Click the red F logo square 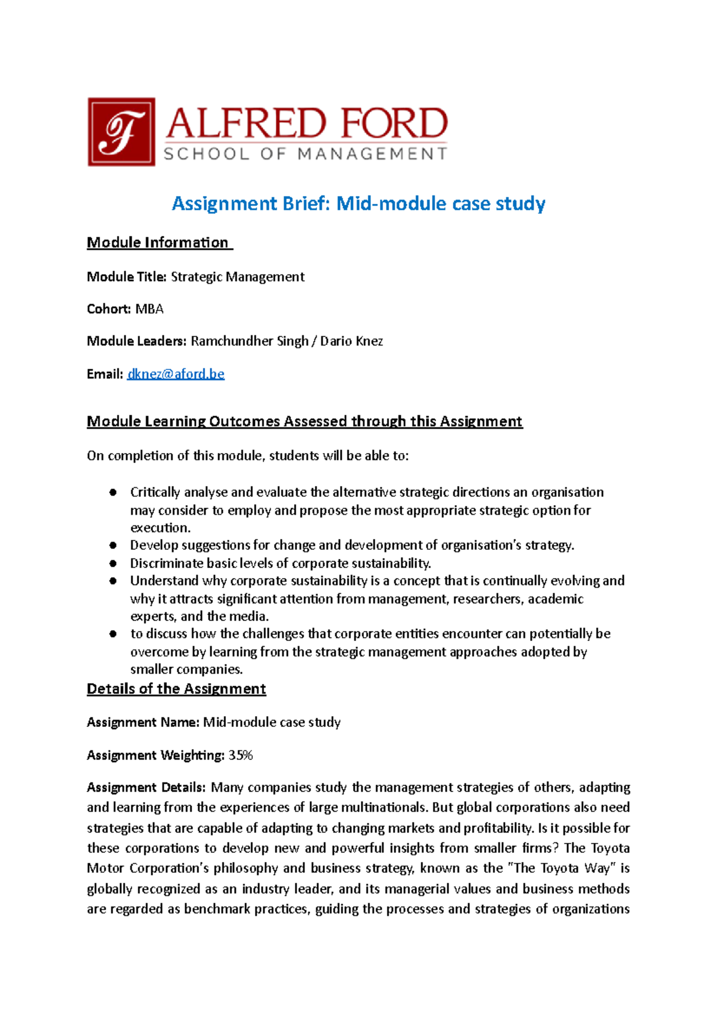point(121,132)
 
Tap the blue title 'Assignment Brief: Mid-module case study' point(358,204)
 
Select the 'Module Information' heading point(158,243)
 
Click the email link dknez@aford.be point(176,374)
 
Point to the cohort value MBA point(149,309)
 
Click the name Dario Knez point(351,341)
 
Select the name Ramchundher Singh point(249,341)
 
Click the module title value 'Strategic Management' point(238,277)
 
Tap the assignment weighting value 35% point(241,756)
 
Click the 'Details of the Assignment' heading point(176,689)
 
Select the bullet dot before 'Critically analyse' point(113,493)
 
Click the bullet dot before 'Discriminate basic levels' point(113,563)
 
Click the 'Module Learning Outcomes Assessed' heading point(305,421)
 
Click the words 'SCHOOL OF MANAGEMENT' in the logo point(305,154)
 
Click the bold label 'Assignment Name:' point(143,722)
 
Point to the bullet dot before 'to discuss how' point(113,634)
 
